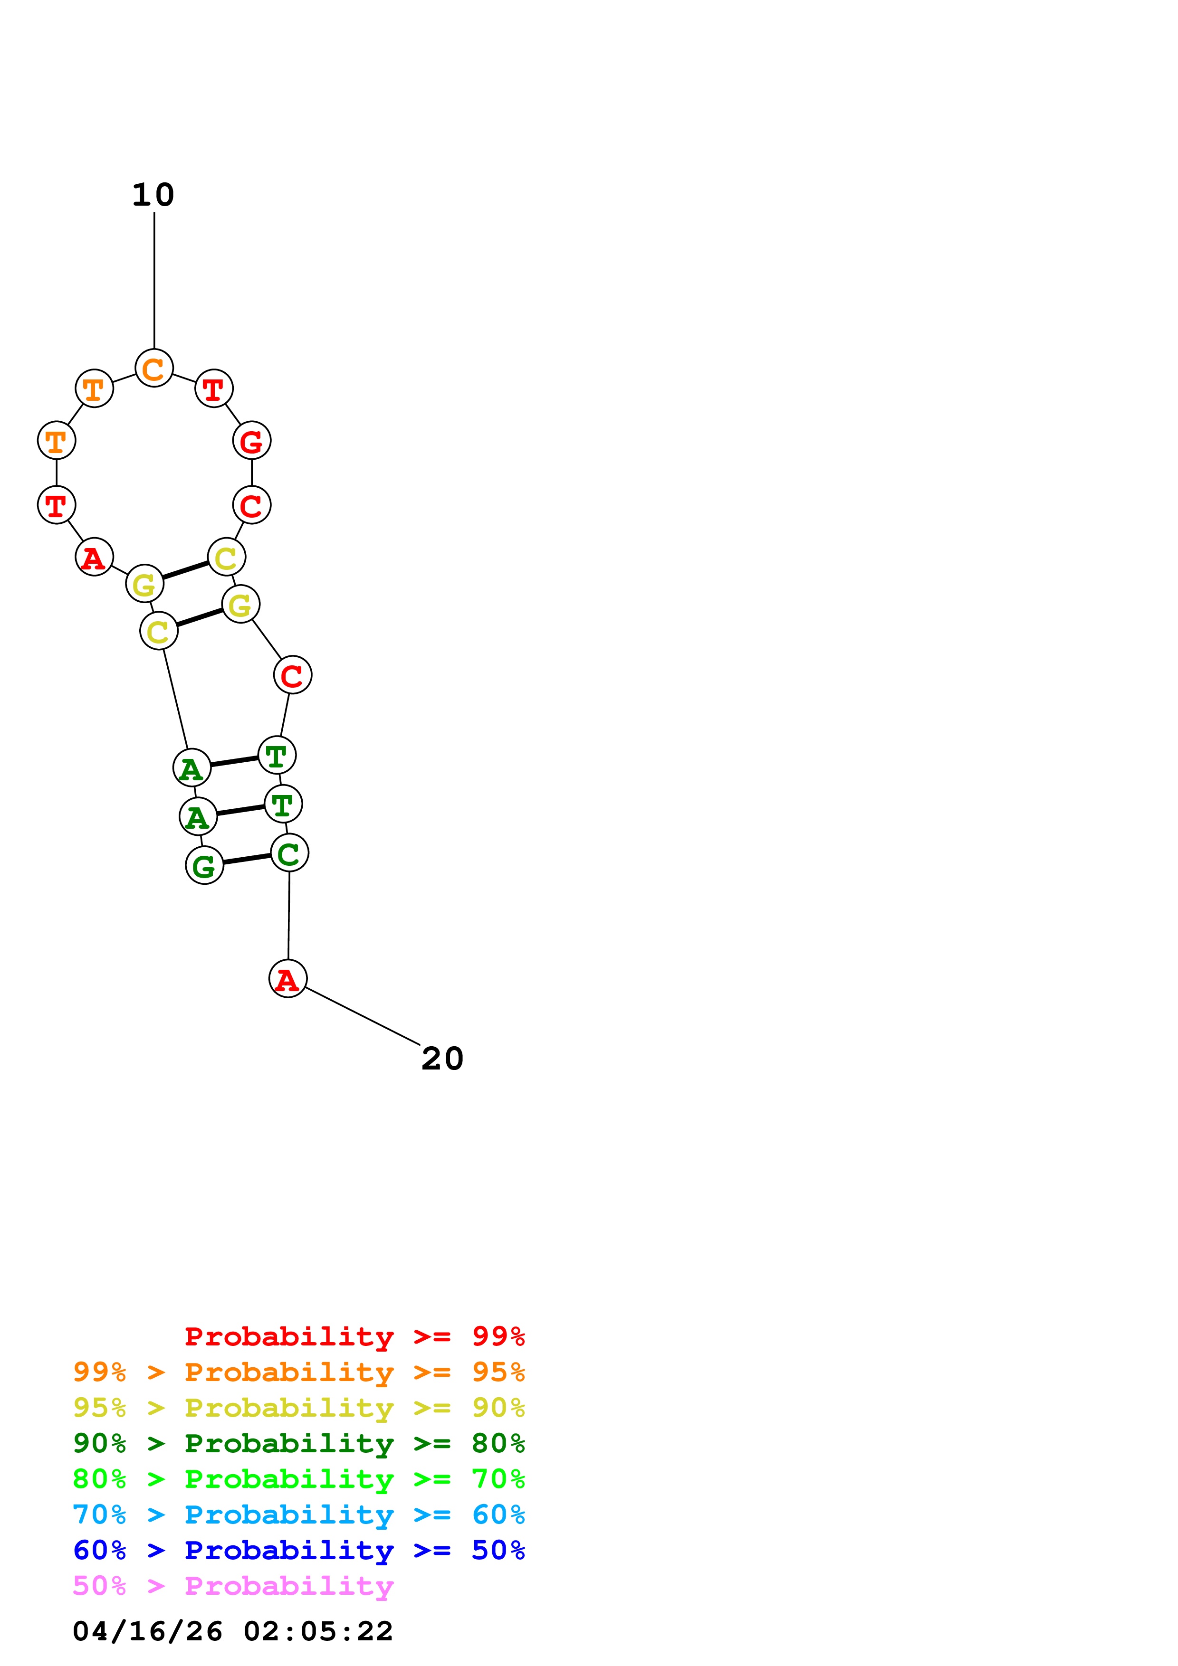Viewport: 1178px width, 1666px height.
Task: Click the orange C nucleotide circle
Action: click(x=154, y=368)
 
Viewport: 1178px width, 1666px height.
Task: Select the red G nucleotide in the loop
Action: click(x=252, y=440)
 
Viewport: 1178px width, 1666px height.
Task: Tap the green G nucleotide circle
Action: click(x=205, y=866)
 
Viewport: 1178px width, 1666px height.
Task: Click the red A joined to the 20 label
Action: click(x=288, y=978)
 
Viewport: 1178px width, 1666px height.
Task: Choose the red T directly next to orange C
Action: click(x=214, y=389)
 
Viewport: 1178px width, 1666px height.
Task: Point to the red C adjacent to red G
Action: click(x=252, y=505)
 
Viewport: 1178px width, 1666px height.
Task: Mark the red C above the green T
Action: click(x=293, y=675)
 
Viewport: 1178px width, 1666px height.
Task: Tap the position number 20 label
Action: click(x=442, y=1059)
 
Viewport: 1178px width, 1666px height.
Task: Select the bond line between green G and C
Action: click(x=247, y=859)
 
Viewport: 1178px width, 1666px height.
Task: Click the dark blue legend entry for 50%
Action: click(x=298, y=1550)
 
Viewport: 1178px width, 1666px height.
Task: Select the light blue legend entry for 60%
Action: click(x=298, y=1515)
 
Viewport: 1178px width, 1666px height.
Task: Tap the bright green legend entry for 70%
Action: click(x=298, y=1479)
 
